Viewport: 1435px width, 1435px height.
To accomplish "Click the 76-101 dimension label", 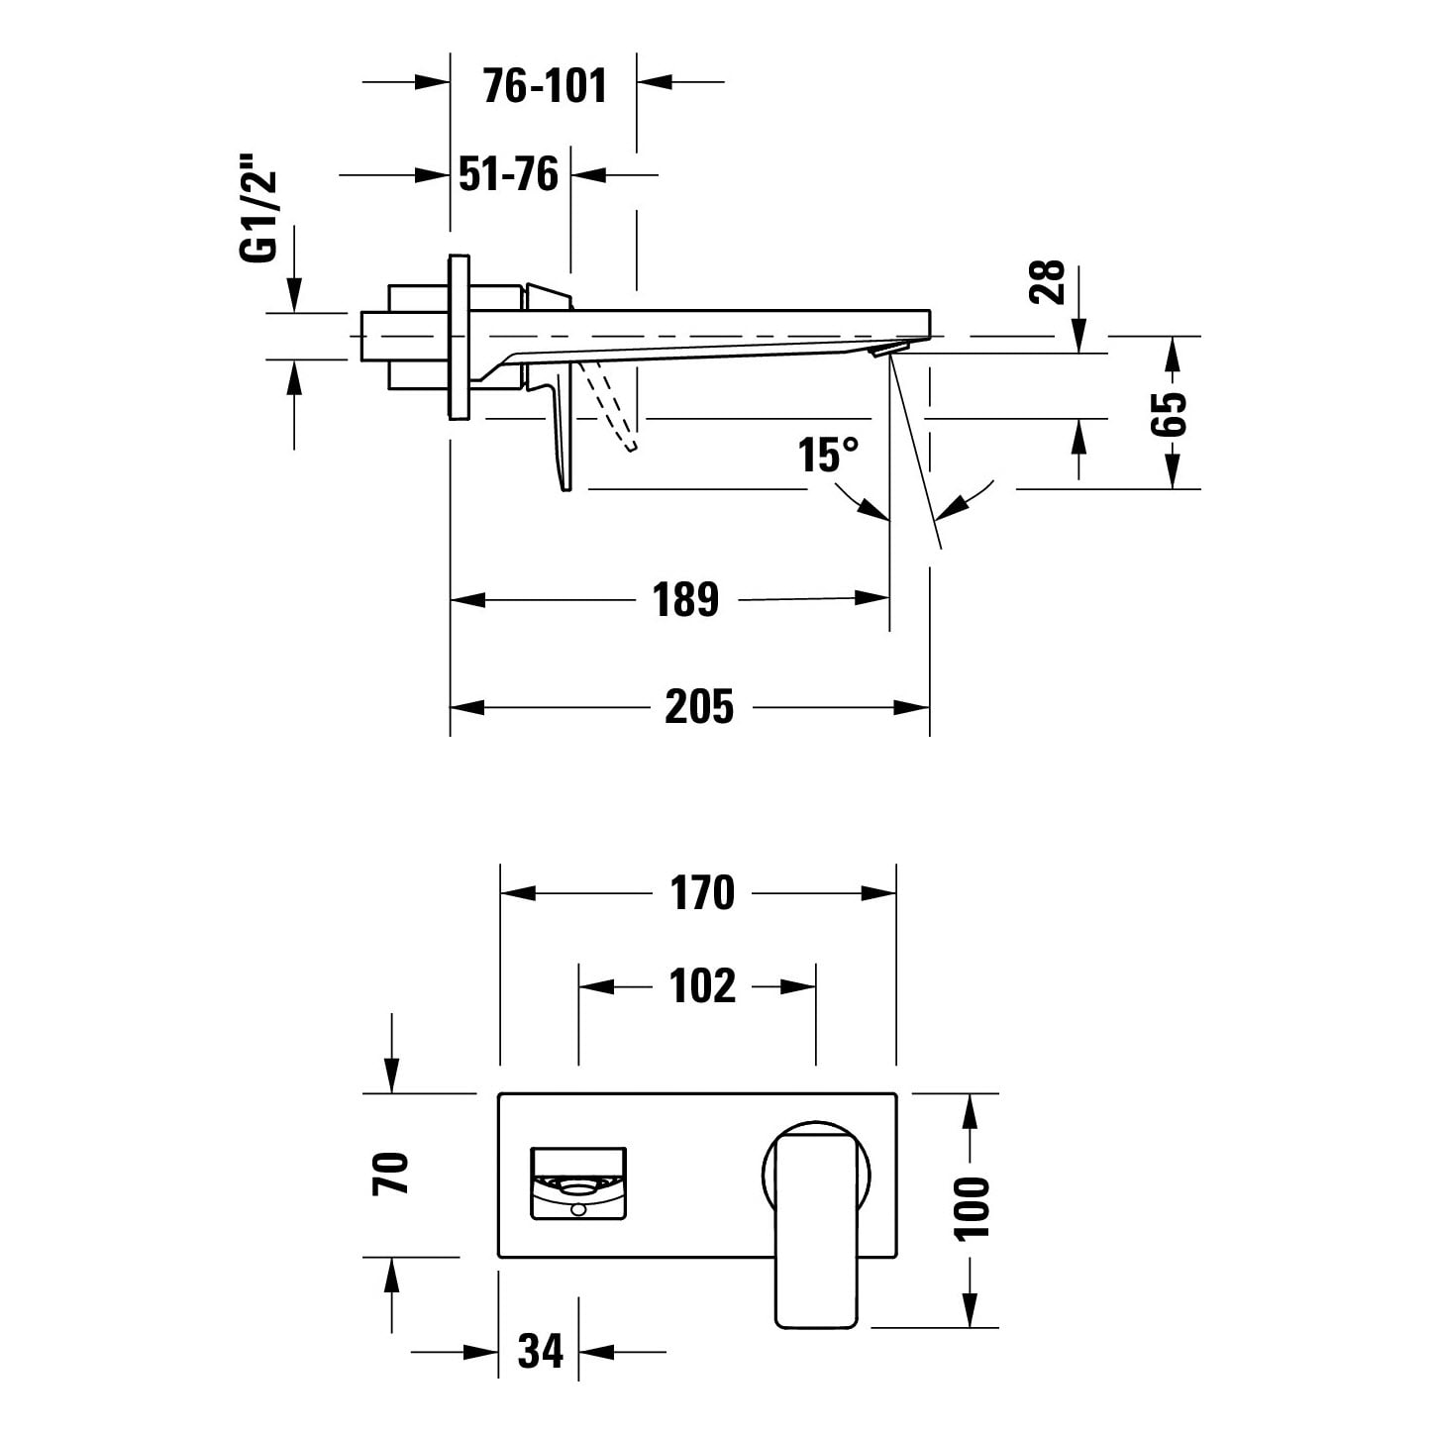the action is point(545,85).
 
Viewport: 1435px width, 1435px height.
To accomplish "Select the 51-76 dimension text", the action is point(509,174).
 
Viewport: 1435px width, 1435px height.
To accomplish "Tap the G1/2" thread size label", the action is point(257,208).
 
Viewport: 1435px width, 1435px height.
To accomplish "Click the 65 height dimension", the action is point(1168,413).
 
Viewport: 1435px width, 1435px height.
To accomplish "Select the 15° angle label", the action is point(828,455).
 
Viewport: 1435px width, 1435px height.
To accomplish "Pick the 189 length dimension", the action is point(686,599).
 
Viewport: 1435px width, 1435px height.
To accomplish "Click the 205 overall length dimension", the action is point(698,706).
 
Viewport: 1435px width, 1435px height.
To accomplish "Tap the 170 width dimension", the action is point(702,892).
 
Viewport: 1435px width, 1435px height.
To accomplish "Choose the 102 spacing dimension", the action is point(702,986).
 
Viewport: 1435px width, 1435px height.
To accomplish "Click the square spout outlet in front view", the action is point(578,1184).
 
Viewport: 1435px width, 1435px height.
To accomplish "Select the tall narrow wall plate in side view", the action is point(460,338).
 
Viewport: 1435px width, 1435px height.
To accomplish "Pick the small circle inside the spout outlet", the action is point(578,1209).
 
